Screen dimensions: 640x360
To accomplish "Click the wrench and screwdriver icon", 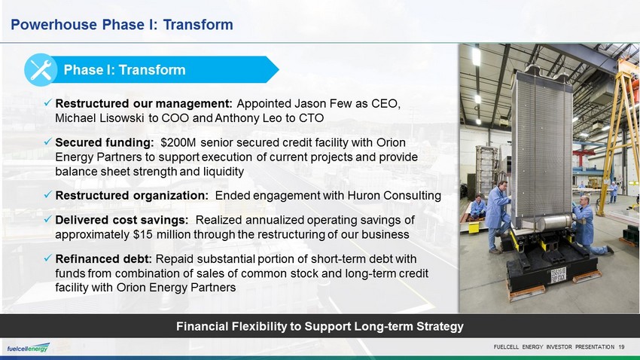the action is [x=41, y=70].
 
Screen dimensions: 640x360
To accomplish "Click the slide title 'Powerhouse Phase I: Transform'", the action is [x=122, y=25].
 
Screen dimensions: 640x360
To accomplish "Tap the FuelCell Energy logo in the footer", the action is [x=29, y=348].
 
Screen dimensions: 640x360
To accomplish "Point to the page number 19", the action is [x=621, y=347].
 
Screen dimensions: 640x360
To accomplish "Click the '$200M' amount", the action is [x=178, y=142].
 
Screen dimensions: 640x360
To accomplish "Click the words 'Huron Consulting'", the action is [x=394, y=196].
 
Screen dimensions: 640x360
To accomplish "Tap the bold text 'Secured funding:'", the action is [x=105, y=143].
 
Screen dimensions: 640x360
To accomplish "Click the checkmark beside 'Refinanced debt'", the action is [x=48, y=258].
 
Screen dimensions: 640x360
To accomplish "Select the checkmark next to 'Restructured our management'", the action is [x=48, y=103].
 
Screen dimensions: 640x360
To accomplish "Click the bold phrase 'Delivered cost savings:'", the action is [x=122, y=220].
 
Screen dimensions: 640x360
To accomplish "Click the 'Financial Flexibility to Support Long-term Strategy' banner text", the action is [x=320, y=327].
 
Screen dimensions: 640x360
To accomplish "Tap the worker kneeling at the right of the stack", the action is [x=589, y=225].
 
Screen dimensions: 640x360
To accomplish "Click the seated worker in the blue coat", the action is [x=477, y=208].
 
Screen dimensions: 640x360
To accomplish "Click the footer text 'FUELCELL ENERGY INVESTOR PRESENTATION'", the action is [x=554, y=347].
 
